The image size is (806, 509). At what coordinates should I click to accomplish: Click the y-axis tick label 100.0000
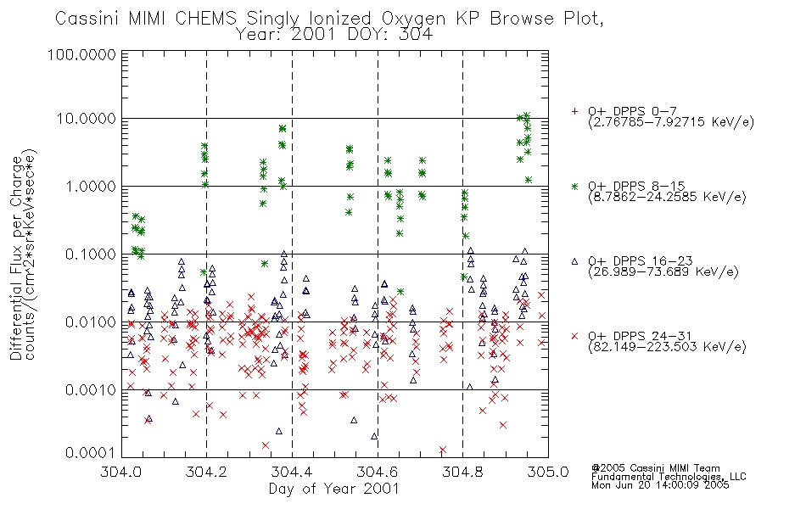click(82, 54)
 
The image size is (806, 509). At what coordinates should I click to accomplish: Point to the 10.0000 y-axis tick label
click(86, 119)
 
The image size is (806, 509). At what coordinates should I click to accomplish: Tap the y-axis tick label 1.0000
click(91, 187)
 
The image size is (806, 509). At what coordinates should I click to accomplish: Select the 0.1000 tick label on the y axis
click(91, 255)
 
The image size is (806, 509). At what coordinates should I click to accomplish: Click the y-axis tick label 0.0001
click(91, 453)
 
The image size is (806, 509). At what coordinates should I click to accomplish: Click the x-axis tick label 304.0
click(121, 472)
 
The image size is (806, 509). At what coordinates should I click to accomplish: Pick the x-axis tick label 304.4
click(292, 472)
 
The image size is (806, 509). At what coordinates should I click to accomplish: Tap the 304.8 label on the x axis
click(462, 472)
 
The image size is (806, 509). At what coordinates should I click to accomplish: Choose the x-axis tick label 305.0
click(548, 472)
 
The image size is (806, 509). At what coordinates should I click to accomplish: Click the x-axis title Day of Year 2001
click(334, 489)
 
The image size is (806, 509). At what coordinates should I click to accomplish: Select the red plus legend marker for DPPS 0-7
click(574, 111)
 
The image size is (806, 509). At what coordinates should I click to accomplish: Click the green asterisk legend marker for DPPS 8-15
click(574, 187)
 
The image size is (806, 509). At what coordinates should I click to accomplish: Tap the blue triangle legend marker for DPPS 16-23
click(574, 261)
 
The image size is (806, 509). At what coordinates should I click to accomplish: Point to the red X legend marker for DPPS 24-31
click(574, 336)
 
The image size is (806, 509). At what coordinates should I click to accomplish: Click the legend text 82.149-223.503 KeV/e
click(667, 347)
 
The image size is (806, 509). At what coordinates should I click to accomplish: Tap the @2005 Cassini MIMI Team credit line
click(655, 468)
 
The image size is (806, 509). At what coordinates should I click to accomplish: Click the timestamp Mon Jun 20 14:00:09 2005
click(660, 485)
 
